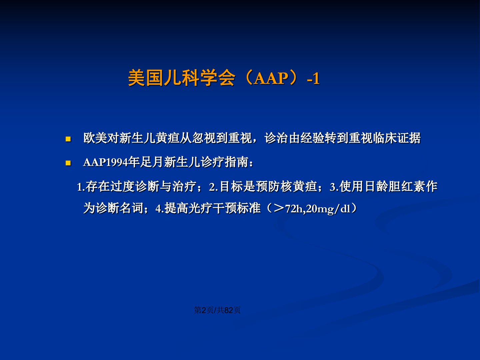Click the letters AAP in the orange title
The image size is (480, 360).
click(271, 78)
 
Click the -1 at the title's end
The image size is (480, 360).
click(313, 78)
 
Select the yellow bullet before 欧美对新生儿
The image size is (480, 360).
click(68, 139)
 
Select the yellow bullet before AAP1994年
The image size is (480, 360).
click(68, 163)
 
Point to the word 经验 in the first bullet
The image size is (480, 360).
click(312, 138)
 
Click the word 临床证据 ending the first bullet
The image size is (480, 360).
click(396, 138)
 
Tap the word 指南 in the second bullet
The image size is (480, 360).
click(237, 162)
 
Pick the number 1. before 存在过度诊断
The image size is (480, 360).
click(81, 187)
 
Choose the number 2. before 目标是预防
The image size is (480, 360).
click(214, 187)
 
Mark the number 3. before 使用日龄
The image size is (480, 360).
click(334, 187)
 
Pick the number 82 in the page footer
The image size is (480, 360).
click(229, 310)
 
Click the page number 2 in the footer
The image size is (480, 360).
click(204, 310)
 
